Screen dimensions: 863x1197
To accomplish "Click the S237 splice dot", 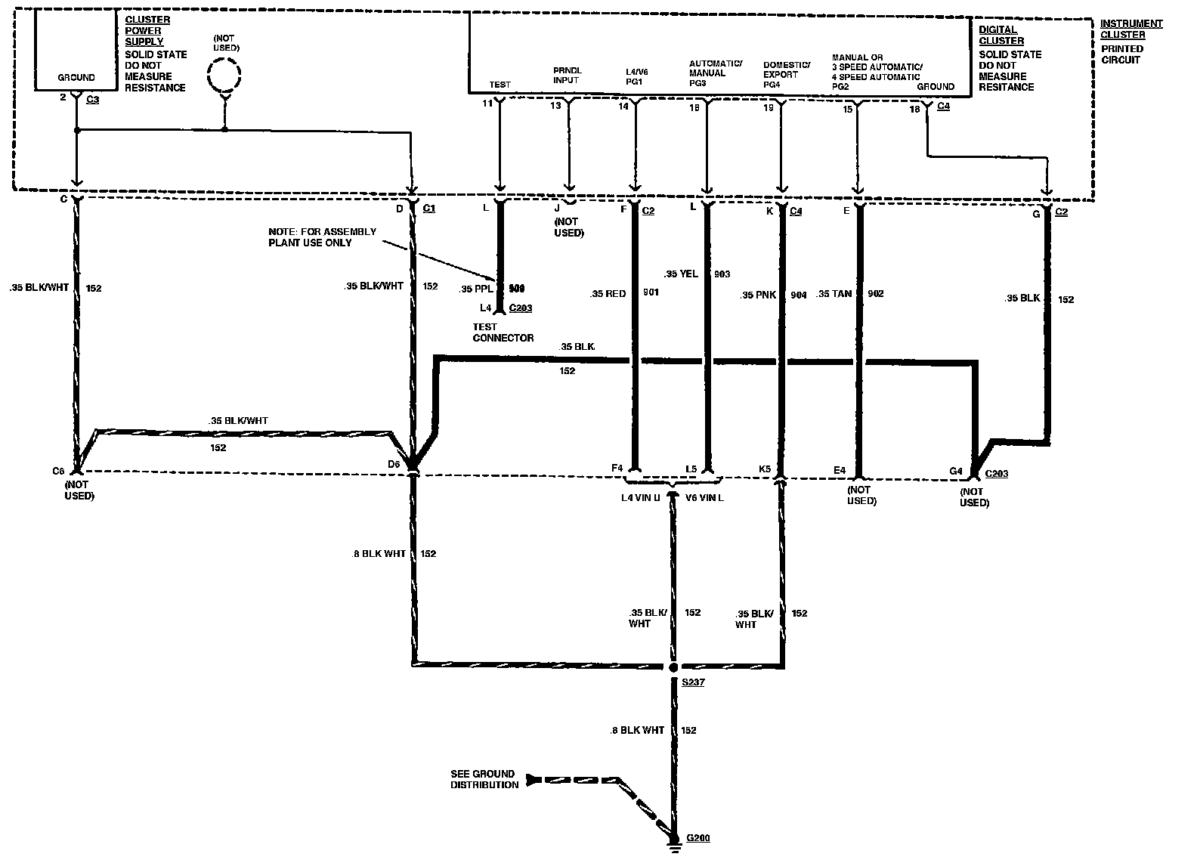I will pyautogui.click(x=673, y=668).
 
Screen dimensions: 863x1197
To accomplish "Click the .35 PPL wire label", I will pyautogui.click(x=476, y=289).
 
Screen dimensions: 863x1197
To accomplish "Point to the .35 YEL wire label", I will pyautogui.click(x=681, y=274).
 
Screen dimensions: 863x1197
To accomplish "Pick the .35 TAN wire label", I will pyautogui.click(x=835, y=294).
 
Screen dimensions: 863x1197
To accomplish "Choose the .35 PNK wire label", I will pyautogui.click(x=759, y=295).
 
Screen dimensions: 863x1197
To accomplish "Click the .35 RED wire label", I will pyautogui.click(x=608, y=293).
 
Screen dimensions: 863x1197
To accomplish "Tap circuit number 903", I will pyautogui.click(x=722, y=274).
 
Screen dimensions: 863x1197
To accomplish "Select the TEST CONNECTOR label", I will pyautogui.click(x=503, y=333).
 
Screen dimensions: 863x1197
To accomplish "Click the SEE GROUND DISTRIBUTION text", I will pyautogui.click(x=484, y=779).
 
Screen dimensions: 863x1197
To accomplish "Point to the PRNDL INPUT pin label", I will pyautogui.click(x=567, y=75).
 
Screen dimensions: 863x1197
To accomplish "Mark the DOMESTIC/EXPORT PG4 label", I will pyautogui.click(x=786, y=75).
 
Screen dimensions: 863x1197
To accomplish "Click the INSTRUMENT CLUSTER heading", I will pyautogui.click(x=1130, y=29).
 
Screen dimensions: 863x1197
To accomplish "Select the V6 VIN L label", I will pyautogui.click(x=704, y=498).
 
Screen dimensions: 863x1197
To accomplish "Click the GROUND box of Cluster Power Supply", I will pyautogui.click(x=76, y=77).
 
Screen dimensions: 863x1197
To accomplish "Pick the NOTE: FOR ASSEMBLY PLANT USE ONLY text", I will pyautogui.click(x=322, y=237).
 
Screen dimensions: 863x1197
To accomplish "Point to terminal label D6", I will pyautogui.click(x=394, y=464).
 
